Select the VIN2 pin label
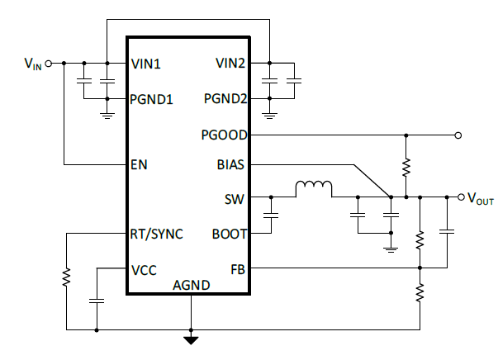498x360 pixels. [230, 63]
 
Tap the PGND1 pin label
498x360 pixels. [152, 99]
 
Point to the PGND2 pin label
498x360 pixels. [225, 99]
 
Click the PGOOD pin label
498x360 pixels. [224, 134]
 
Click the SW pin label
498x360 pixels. [235, 198]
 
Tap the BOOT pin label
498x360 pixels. [229, 234]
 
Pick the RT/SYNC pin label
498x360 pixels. [157, 234]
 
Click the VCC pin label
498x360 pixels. [143, 269]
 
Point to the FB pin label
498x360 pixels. [238, 269]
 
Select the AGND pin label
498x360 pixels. [191, 285]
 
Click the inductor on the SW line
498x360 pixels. [314, 190]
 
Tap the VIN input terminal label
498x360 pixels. [31, 64]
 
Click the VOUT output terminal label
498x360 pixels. [480, 198]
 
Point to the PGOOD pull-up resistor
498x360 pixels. [406, 166]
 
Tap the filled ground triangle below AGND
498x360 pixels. [191, 339]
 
